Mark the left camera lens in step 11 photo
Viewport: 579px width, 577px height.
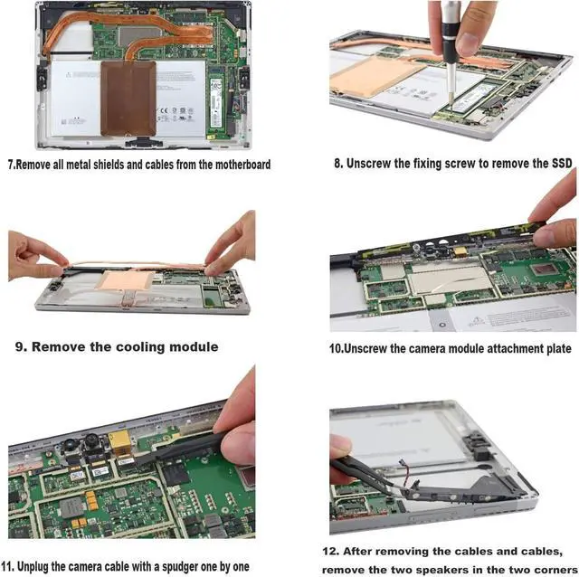(70, 447)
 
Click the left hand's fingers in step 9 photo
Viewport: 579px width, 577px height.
(41, 259)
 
